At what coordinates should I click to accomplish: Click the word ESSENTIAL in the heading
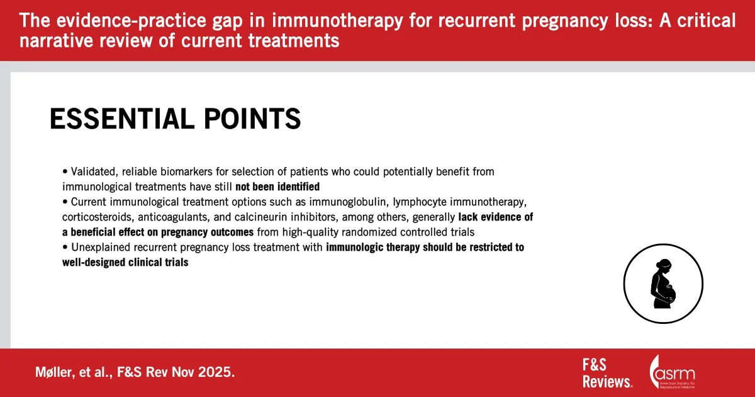point(122,118)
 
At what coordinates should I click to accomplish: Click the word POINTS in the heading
point(252,118)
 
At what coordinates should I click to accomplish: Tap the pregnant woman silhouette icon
point(663,284)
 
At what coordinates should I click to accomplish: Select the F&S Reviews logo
point(607,373)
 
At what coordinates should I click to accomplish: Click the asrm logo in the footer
point(672,372)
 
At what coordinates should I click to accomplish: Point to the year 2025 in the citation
point(216,372)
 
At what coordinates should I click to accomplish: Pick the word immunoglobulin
point(348,202)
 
